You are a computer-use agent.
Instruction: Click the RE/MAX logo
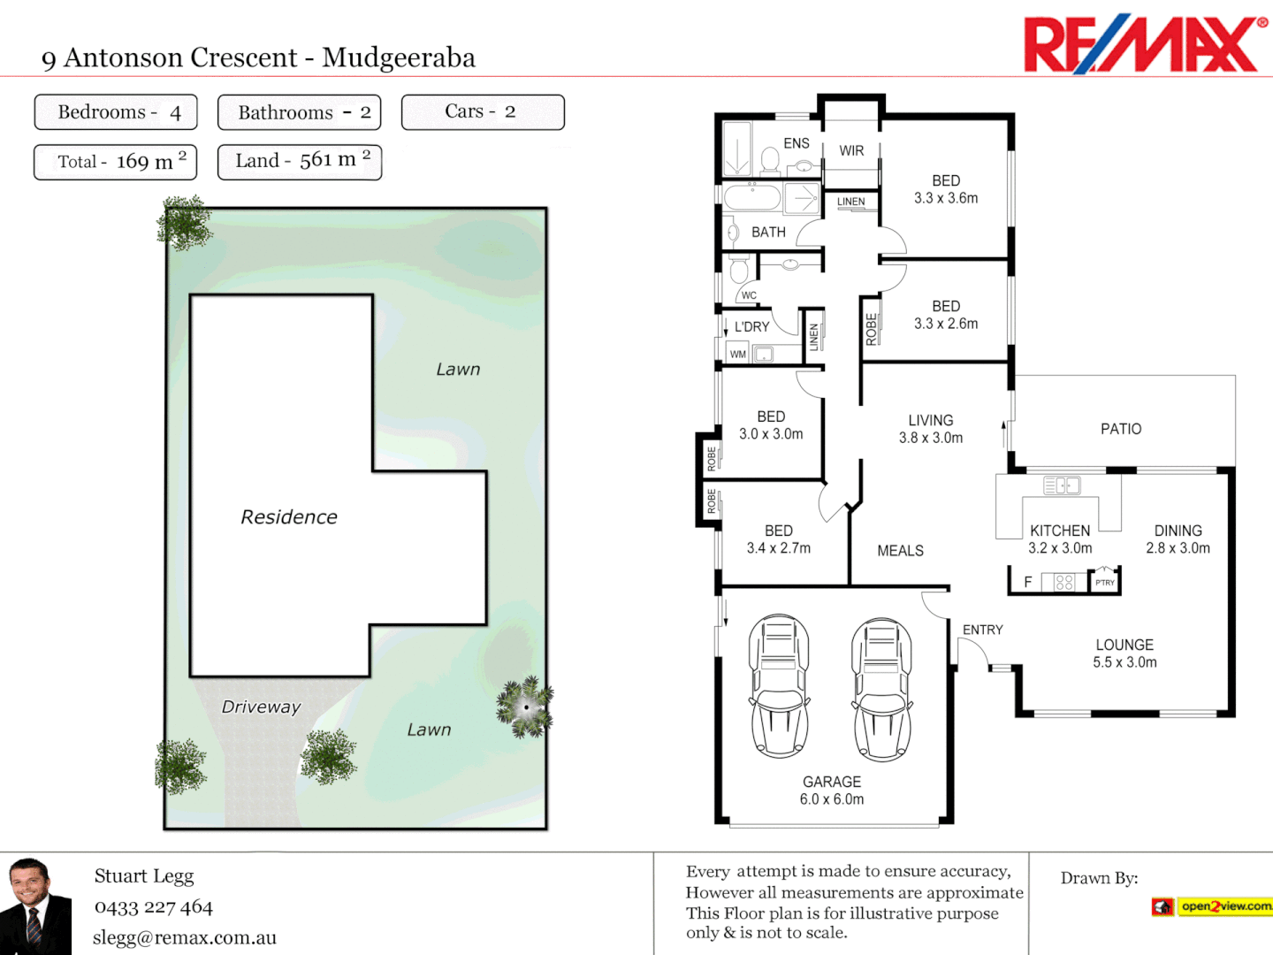pos(1145,44)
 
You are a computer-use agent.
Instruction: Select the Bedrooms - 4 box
pos(116,112)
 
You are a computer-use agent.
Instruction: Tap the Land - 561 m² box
pos(300,162)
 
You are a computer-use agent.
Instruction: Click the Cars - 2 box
pos(483,112)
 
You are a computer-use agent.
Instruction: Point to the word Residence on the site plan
pos(289,517)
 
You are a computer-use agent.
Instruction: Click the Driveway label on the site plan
pos(261,707)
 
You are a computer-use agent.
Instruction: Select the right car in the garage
pos(881,690)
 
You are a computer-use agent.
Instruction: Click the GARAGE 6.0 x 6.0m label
pos(832,791)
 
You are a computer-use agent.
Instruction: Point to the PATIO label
pos(1121,429)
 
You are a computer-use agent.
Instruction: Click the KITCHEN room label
pos(1060,531)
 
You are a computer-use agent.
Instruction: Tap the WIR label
pos(851,151)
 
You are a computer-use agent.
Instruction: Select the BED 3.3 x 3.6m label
pos(946,189)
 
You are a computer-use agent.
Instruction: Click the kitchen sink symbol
pos(1062,485)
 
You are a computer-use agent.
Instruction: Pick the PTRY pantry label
pos(1105,583)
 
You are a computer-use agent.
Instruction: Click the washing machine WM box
pos(738,355)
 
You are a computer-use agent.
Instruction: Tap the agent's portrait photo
pos(35,906)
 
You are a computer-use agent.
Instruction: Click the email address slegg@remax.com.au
pos(185,938)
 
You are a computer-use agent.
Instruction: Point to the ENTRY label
pos(983,630)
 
